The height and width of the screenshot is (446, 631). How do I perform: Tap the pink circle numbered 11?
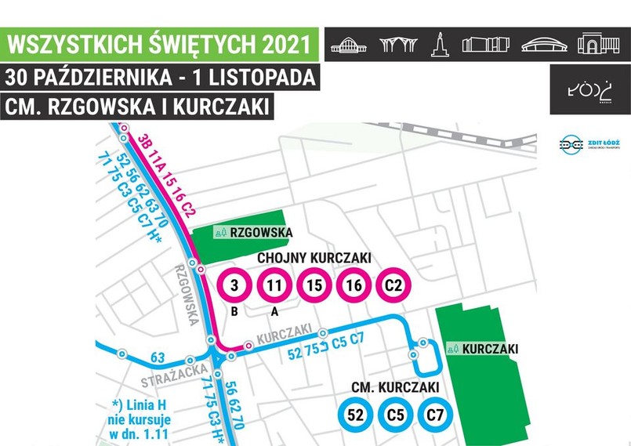(274, 285)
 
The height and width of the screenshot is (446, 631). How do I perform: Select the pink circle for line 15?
(314, 285)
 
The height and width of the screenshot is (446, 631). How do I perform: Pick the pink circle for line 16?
(354, 285)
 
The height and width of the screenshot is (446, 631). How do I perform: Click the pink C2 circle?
(393, 285)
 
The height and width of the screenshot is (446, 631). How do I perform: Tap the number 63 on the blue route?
(158, 358)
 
